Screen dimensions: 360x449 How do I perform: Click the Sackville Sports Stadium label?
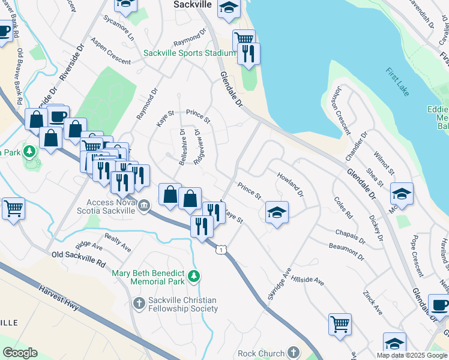[x=189, y=53]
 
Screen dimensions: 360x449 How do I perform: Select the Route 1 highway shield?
[x=222, y=248]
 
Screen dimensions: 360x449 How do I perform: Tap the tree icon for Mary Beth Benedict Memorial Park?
[x=193, y=276]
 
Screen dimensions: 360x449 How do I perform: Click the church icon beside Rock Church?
[x=293, y=352]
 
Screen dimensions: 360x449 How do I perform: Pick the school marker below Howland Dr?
[x=277, y=212]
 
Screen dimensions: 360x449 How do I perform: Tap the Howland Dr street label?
[x=291, y=185]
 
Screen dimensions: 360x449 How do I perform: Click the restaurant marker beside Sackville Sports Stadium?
[x=249, y=54]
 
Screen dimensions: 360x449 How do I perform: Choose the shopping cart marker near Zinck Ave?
[x=340, y=324]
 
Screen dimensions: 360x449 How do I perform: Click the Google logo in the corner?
[x=20, y=353]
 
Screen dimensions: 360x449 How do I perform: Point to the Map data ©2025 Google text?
[x=412, y=355]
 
